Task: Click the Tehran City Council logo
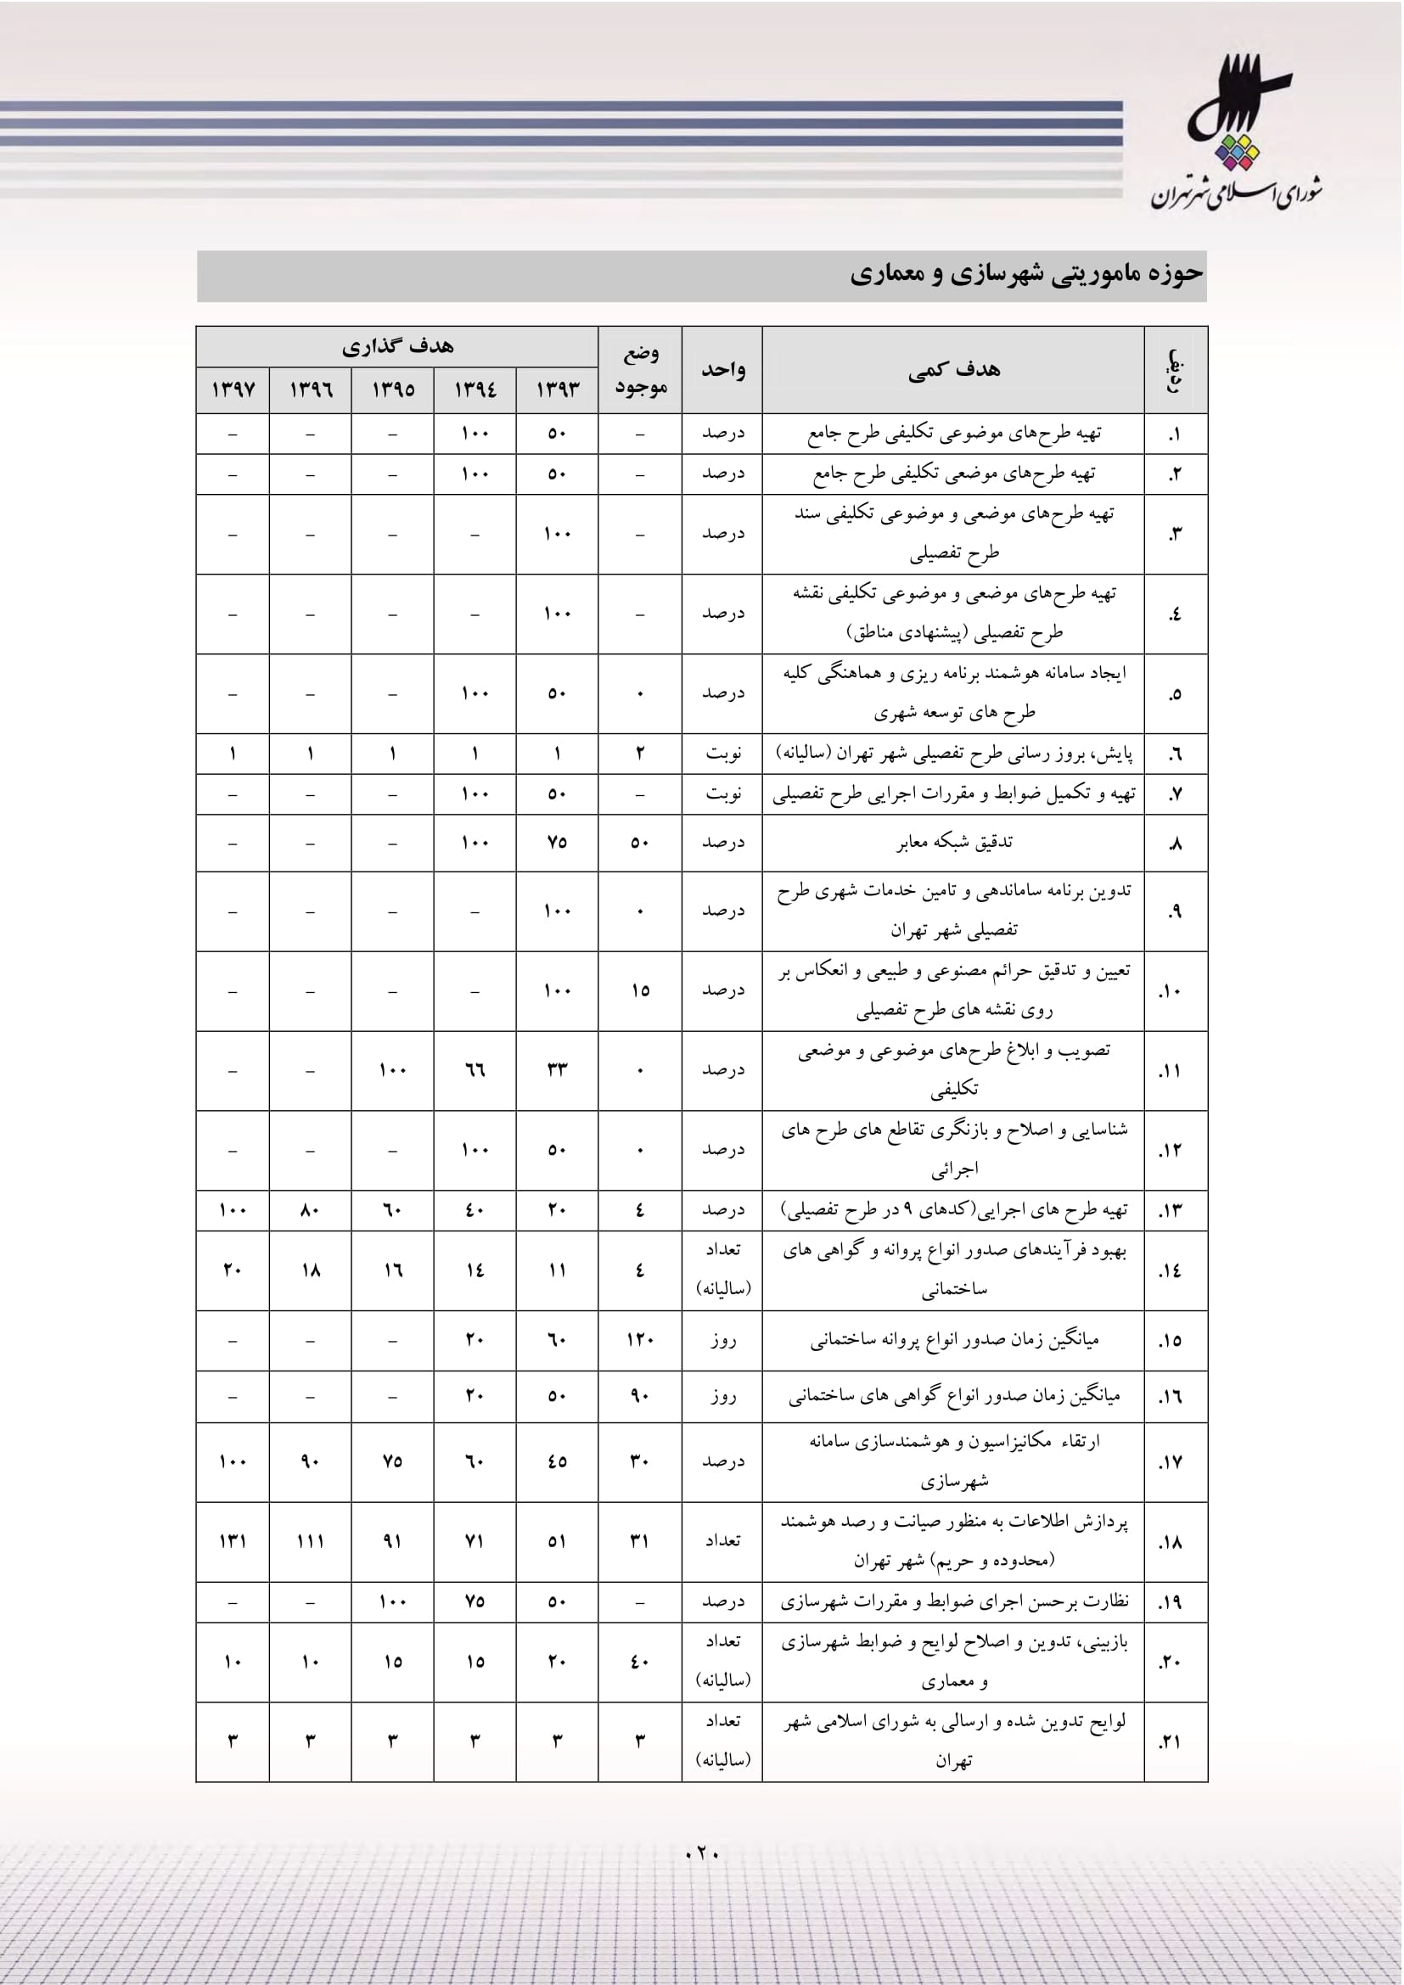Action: pyautogui.click(x=1236, y=134)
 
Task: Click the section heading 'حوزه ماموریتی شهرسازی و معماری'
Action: pyautogui.click(x=1025, y=275)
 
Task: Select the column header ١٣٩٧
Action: pyautogui.click(x=233, y=390)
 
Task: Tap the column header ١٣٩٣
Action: pyautogui.click(x=557, y=390)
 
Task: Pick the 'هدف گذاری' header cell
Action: pyautogui.click(x=396, y=347)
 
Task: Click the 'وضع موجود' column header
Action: pyautogui.click(x=640, y=370)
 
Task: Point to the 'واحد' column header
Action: pyautogui.click(x=722, y=370)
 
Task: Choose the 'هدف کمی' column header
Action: pyautogui.click(x=952, y=370)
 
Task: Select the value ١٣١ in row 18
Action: pyautogui.click(x=233, y=1541)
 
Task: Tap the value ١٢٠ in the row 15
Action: pyautogui.click(x=640, y=1340)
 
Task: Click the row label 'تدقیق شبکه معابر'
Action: pyautogui.click(x=952, y=842)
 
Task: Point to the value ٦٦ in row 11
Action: pyautogui.click(x=475, y=1070)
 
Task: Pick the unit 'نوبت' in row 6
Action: pyautogui.click(x=722, y=753)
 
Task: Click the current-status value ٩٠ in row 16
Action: pyautogui.click(x=640, y=1396)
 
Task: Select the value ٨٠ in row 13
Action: pyautogui.click(x=311, y=1209)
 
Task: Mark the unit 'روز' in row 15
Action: pyautogui.click(x=722, y=1340)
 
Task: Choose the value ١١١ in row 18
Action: pyautogui.click(x=311, y=1541)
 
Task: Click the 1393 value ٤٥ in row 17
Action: pyautogui.click(x=557, y=1461)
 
